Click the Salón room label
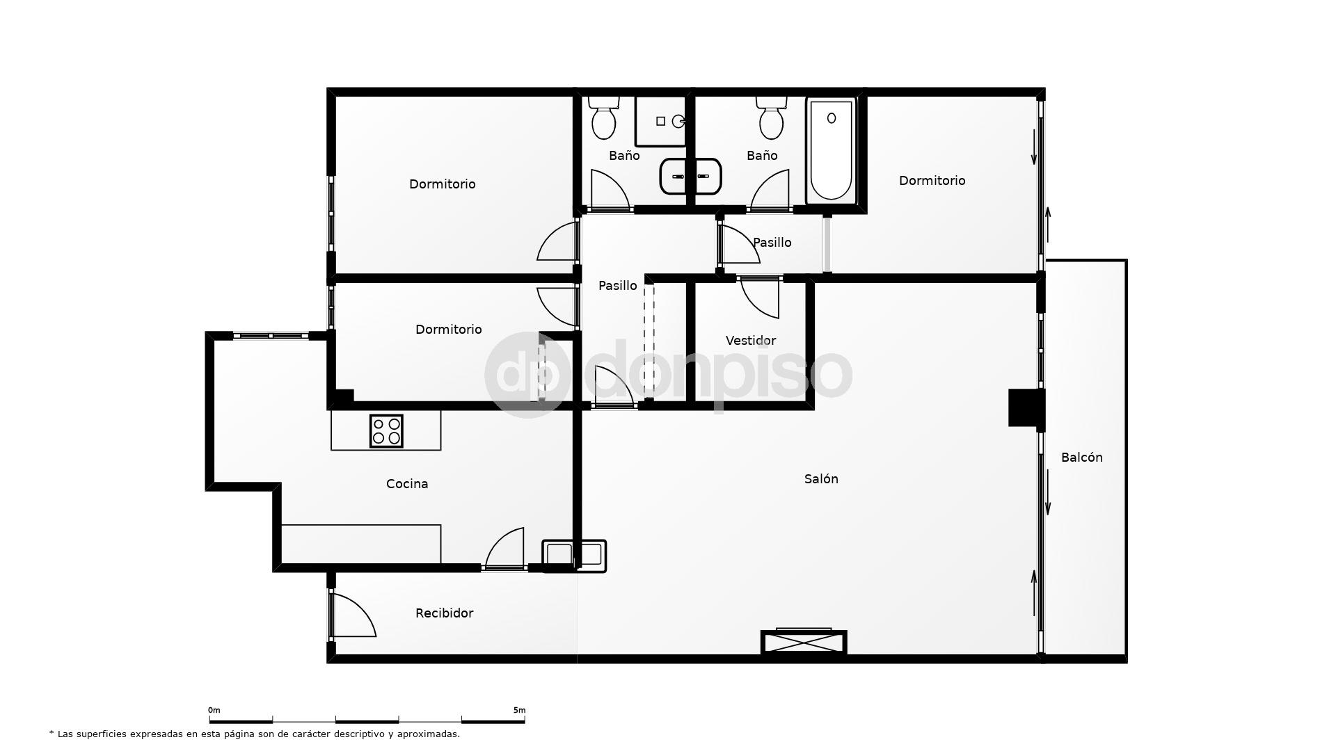click(x=821, y=478)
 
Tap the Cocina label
click(x=407, y=483)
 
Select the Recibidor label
click(x=444, y=613)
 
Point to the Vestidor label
click(x=750, y=340)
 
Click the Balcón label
click(x=1081, y=457)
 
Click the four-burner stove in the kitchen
click(x=386, y=430)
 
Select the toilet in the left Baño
click(x=603, y=118)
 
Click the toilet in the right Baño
click(x=772, y=118)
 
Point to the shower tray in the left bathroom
click(x=660, y=121)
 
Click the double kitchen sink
click(x=574, y=556)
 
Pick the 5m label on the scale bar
click(x=519, y=710)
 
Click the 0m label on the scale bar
click(x=214, y=710)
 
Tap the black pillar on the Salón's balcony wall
click(x=1026, y=407)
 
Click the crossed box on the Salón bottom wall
click(x=804, y=643)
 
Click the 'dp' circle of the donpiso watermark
click(x=527, y=375)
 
